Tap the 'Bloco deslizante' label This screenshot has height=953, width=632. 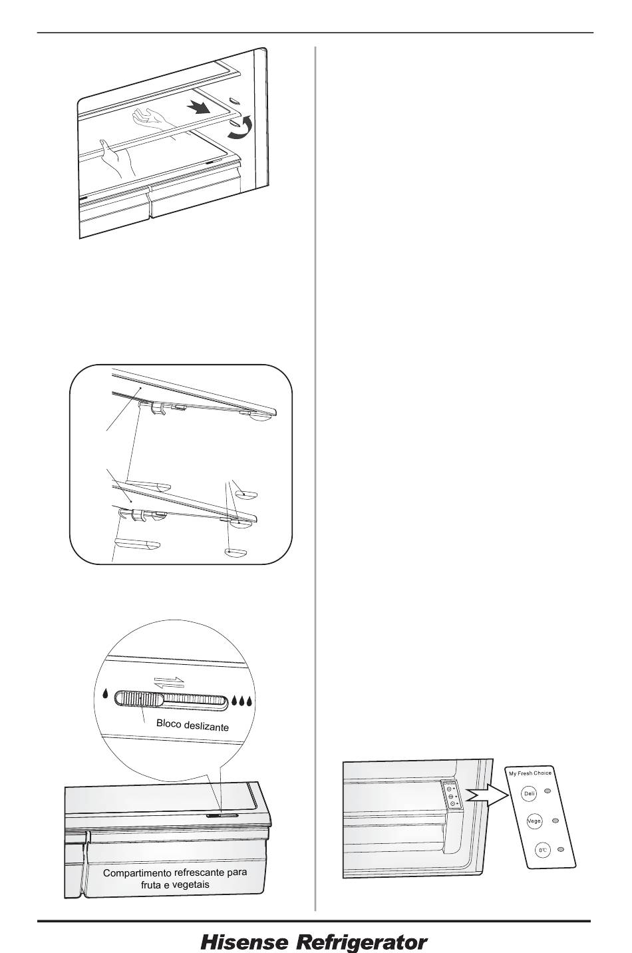click(x=192, y=725)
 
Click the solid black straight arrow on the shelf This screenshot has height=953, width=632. click(x=200, y=108)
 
